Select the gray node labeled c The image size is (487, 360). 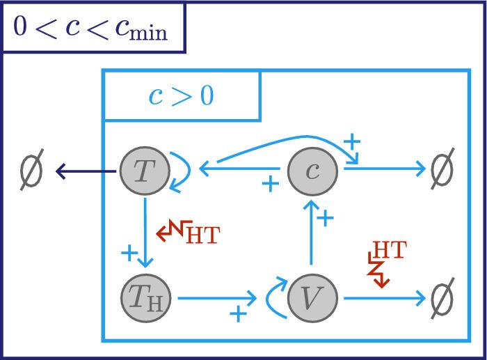[312, 171]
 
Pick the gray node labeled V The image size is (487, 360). [312, 298]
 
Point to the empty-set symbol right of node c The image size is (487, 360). [441, 169]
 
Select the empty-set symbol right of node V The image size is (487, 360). [441, 298]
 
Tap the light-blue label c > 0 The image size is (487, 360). [181, 95]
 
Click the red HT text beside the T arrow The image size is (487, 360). [202, 235]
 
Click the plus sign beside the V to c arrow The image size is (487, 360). [326, 219]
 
